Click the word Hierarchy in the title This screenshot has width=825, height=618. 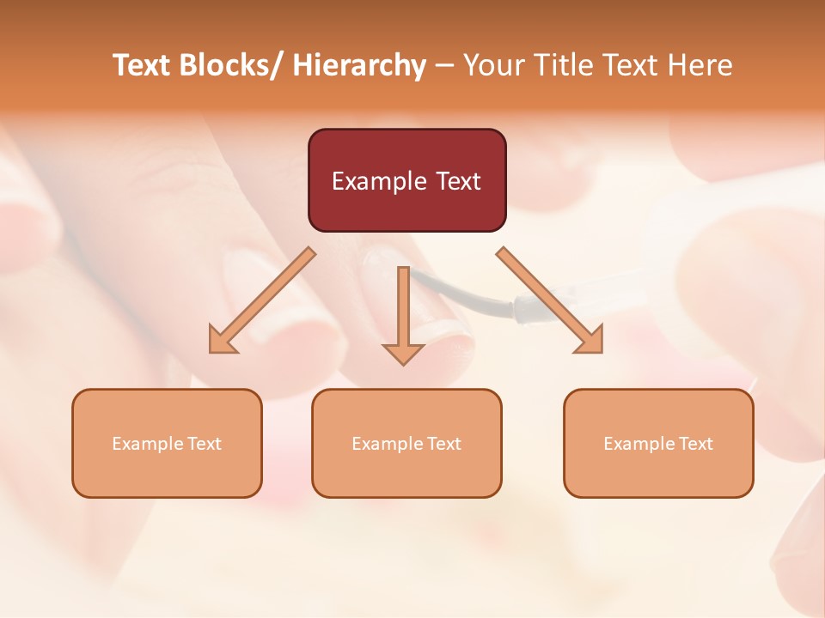(359, 65)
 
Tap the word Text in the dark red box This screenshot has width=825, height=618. (457, 181)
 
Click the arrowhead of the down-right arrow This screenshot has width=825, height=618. (590, 339)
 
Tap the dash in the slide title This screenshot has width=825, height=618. (444, 66)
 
